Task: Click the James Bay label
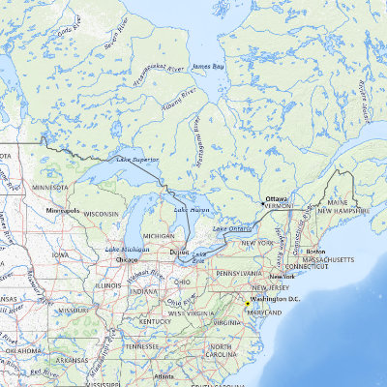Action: point(208,66)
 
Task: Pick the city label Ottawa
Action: point(277,198)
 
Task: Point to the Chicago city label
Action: point(127,259)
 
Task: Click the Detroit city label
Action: point(179,253)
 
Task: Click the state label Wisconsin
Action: point(101,214)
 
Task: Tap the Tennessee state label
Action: point(141,345)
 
